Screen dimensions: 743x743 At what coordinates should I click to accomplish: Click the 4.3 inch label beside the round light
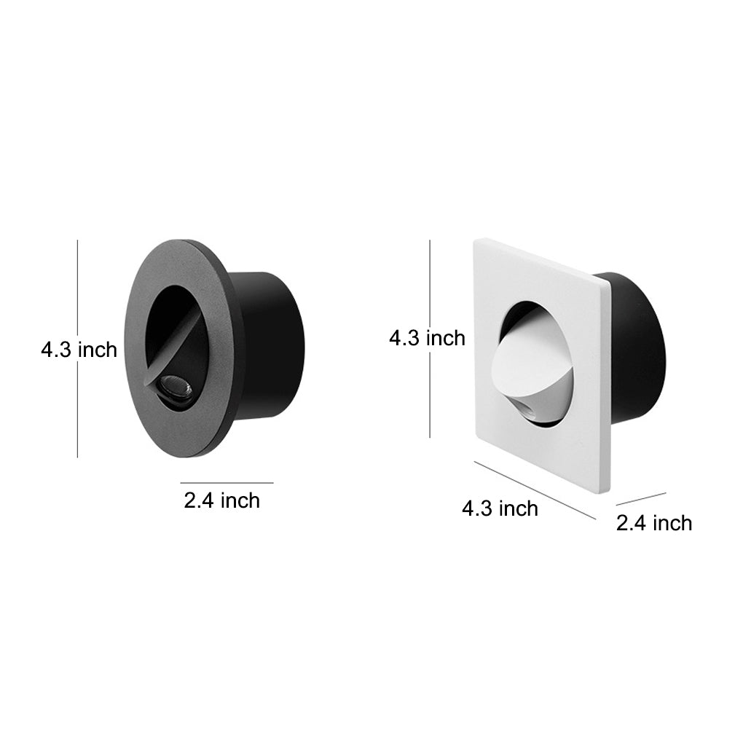coord(79,350)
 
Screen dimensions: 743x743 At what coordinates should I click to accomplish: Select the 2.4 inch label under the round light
coord(221,500)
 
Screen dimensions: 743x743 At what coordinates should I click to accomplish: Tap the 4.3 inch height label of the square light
coord(427,338)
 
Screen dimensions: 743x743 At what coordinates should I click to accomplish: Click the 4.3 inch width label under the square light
coord(500,508)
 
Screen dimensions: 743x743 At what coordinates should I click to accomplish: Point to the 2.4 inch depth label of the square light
coord(654,522)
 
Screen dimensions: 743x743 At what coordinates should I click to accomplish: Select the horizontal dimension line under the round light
coord(227,482)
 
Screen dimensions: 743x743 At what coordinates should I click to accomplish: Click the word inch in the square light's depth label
coord(672,522)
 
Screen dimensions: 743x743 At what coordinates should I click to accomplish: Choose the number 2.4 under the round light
coord(199,500)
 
